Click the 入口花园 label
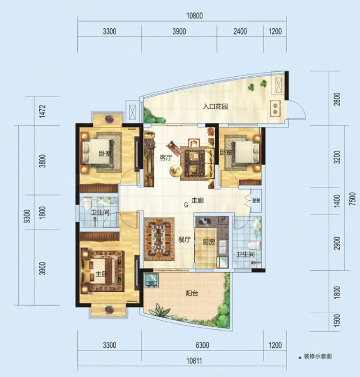215,106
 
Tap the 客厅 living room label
166,158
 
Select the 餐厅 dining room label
185,240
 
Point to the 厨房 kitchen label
208,241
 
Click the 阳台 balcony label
192,293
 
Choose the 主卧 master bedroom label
101,274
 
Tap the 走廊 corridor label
198,200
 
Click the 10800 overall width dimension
194,16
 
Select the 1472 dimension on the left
43,111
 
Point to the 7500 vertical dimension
352,199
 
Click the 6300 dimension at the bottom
202,346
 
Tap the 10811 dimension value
194,361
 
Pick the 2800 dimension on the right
337,99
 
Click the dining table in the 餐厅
159,239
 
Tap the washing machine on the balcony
152,280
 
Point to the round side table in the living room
175,171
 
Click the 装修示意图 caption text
318,356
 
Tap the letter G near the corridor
186,205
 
